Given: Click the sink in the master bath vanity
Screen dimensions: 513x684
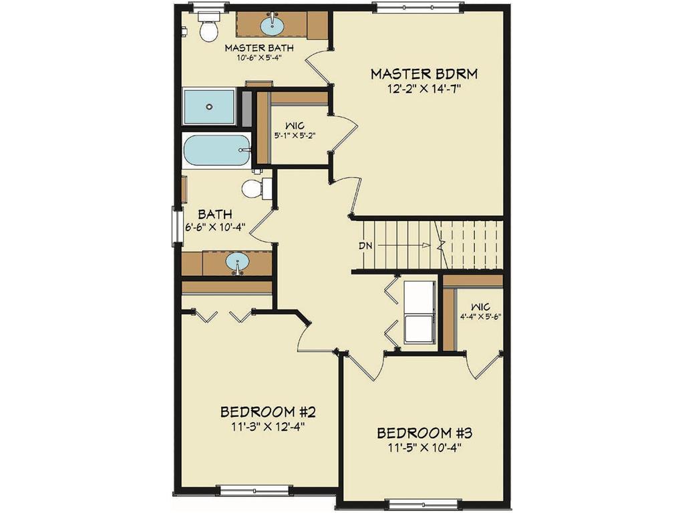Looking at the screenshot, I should click(x=271, y=26).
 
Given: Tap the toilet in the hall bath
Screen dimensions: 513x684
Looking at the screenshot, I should click(x=254, y=188).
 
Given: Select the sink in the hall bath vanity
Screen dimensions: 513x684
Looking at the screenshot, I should click(x=237, y=263).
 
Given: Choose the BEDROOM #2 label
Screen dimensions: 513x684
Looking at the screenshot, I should click(x=263, y=410).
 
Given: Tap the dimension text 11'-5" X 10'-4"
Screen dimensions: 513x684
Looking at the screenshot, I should click(x=419, y=448).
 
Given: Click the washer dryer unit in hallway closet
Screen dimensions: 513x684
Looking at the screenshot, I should click(x=419, y=312).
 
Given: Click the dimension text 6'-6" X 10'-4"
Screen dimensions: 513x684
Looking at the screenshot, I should click(x=214, y=226).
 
